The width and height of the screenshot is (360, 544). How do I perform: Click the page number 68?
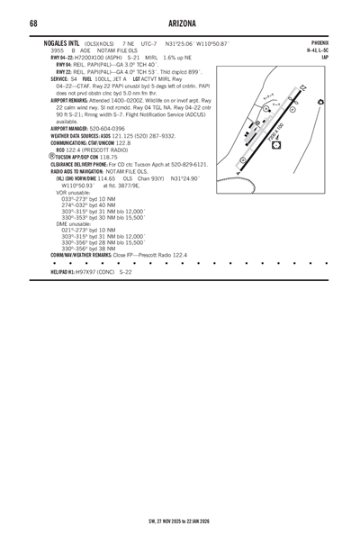pyautogui.click(x=32, y=23)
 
